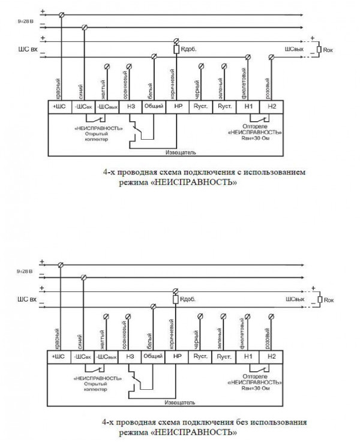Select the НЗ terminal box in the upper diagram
(x=130, y=106)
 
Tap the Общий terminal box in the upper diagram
(x=153, y=106)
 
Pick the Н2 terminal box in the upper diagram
(x=271, y=106)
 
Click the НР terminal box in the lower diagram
(x=177, y=357)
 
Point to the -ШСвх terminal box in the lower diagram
(x=83, y=357)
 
